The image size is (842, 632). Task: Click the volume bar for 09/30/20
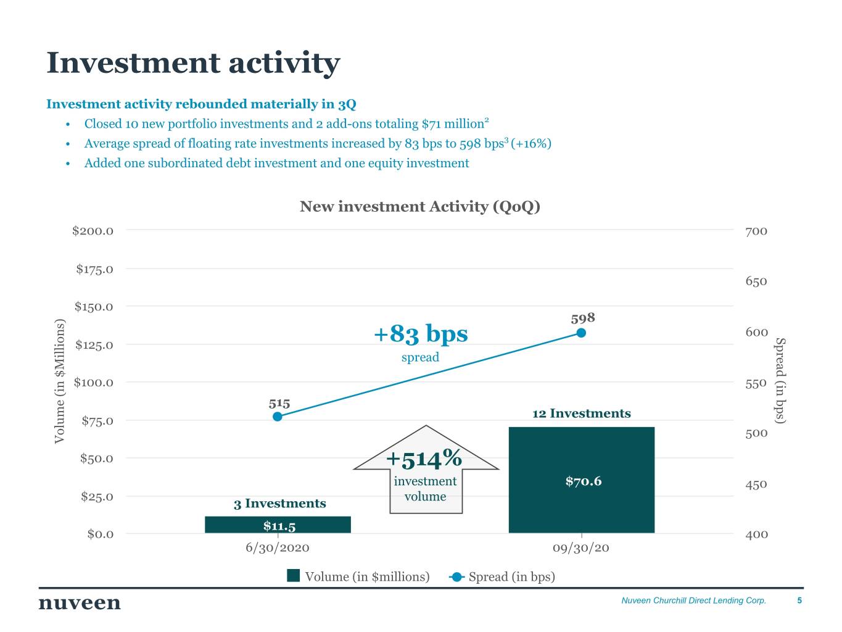point(581,451)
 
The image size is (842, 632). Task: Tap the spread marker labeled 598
point(581,333)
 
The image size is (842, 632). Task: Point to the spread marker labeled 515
point(278,417)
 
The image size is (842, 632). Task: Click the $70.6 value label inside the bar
point(583,481)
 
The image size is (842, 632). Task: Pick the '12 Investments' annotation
point(581,414)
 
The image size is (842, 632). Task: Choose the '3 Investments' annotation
point(279,504)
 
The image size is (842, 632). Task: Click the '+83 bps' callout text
point(421,335)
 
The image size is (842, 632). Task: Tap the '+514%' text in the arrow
point(424,459)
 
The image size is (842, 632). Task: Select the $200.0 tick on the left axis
point(93,231)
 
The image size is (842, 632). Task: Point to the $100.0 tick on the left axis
point(93,383)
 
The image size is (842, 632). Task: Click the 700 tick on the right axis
point(756,231)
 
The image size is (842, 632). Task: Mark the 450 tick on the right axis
point(756,484)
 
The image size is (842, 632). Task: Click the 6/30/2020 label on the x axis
point(278,548)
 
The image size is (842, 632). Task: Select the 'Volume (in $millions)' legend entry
point(358,576)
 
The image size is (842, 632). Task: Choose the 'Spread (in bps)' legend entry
point(503,576)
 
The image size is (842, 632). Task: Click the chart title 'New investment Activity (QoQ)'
point(419,207)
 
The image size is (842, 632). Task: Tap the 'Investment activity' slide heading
point(193,63)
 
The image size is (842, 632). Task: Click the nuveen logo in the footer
point(80,602)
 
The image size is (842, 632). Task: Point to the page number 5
point(799,601)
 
